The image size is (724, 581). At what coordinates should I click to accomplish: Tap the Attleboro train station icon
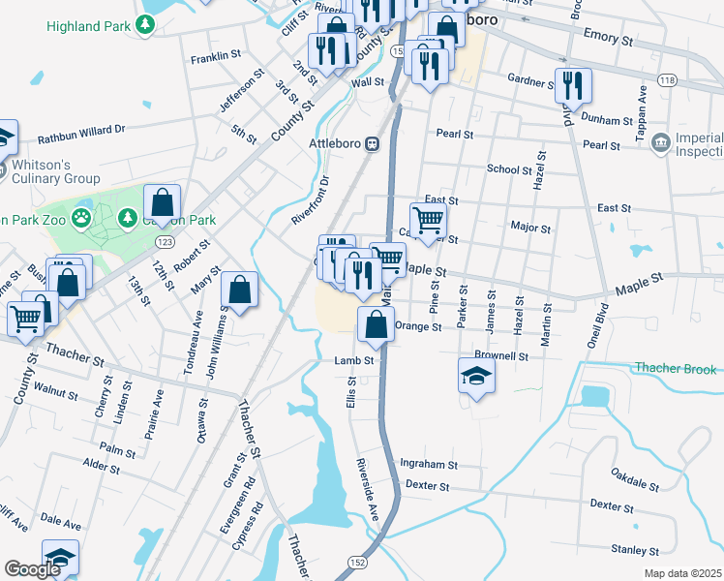(371, 144)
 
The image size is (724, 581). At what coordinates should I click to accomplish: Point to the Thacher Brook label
(675, 369)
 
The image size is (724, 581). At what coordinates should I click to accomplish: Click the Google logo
(33, 569)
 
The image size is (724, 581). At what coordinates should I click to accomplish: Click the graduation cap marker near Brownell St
(476, 376)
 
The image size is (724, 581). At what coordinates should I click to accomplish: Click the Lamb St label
(354, 361)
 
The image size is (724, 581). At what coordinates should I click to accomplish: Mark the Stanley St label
(636, 550)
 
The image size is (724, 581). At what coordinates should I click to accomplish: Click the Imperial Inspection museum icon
(661, 144)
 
